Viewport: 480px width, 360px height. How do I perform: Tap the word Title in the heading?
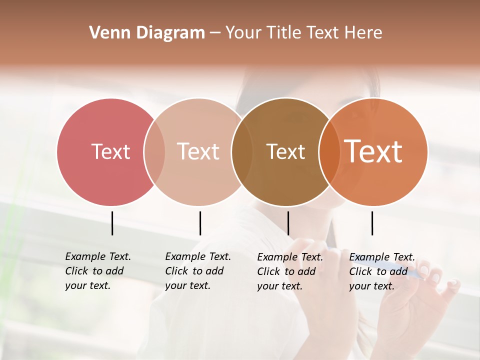point(284,32)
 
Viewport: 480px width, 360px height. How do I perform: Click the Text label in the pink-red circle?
point(110,151)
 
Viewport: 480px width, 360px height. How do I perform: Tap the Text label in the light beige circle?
point(198,151)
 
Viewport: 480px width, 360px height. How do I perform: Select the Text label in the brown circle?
point(285,151)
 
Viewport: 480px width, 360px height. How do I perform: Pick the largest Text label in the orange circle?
point(373,151)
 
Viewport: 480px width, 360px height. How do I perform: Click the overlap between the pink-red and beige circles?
point(154,151)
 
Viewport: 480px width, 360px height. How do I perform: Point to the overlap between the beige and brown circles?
point(241,151)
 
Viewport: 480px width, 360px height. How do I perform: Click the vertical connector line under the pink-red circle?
point(112,223)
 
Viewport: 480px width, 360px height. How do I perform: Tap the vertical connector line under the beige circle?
point(200,223)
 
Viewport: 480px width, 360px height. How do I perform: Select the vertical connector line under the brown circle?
point(288,223)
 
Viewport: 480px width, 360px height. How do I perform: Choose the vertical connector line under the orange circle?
point(372,223)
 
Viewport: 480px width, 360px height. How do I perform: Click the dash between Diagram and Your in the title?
point(215,33)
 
